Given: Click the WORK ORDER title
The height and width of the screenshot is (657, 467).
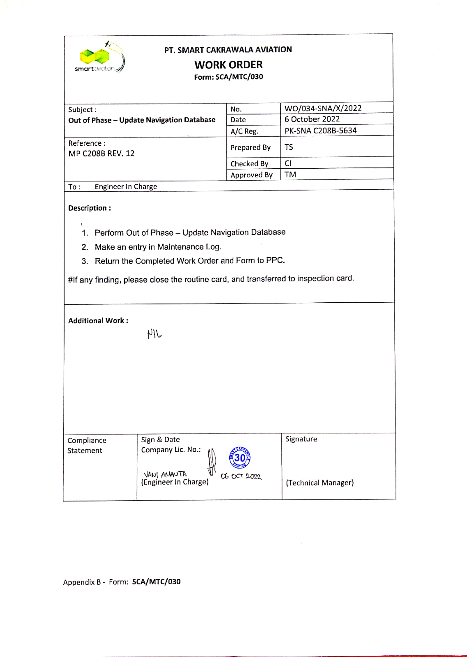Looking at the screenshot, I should click(228, 65).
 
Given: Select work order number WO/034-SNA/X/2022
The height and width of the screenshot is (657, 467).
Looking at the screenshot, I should click(323, 108).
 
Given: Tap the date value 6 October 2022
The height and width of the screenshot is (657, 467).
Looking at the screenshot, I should click(312, 119).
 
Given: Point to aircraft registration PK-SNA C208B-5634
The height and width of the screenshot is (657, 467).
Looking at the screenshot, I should click(320, 131).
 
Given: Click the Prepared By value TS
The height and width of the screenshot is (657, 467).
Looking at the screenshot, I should click(289, 147).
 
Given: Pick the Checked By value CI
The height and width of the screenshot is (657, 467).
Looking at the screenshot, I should click(288, 163).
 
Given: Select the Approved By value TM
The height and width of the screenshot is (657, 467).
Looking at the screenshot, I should click(290, 175).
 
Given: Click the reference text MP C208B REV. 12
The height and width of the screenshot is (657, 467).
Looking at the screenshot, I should click(101, 153).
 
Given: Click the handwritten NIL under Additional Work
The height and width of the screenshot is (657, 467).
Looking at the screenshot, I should click(154, 334).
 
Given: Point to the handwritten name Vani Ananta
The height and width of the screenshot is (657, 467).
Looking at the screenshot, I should click(165, 474).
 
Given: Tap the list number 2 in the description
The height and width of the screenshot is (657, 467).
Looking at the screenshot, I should click(85, 247).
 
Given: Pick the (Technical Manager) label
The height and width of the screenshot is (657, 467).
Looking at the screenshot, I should click(319, 483).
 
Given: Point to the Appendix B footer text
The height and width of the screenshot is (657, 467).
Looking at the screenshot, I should click(122, 582).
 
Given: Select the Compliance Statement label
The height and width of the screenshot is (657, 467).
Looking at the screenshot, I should click(87, 445).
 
